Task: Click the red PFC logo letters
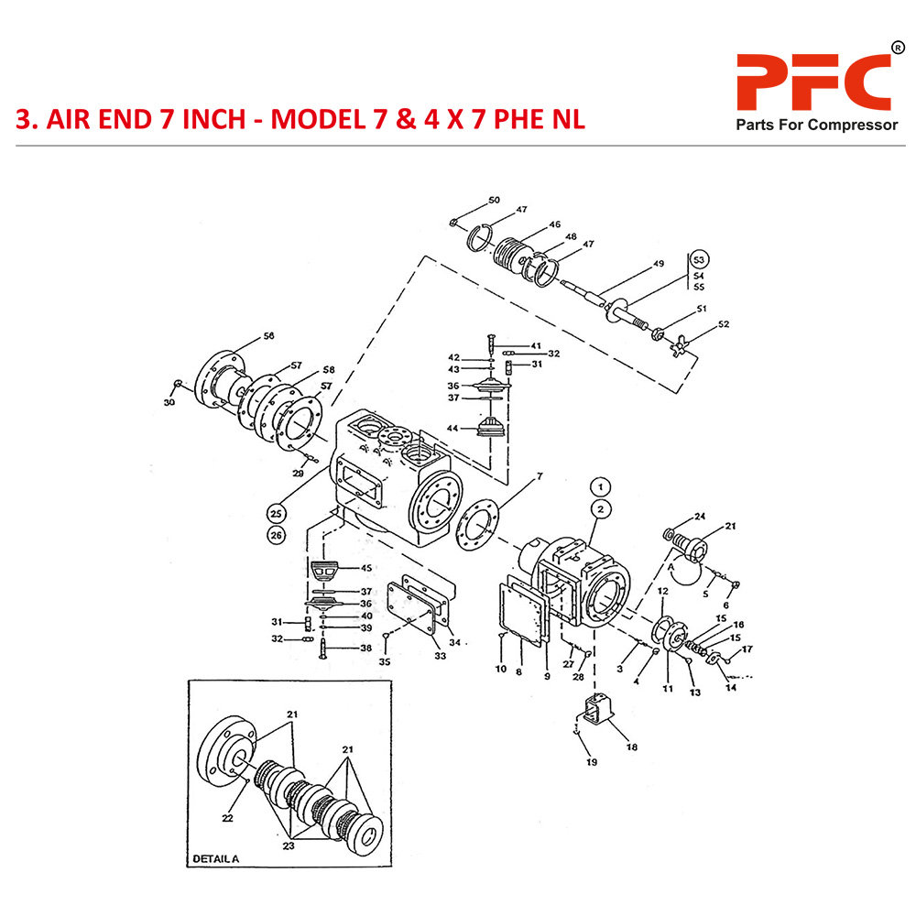(x=813, y=82)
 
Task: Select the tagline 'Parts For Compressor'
(x=817, y=125)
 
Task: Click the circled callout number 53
(x=699, y=258)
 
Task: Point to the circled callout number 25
(x=275, y=512)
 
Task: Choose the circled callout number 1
(x=600, y=486)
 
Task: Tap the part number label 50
(x=494, y=200)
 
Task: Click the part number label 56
(x=268, y=336)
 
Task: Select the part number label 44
(x=453, y=429)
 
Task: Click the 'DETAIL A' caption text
(x=215, y=858)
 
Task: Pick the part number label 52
(x=724, y=324)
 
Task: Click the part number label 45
(x=365, y=569)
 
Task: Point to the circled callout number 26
(x=275, y=534)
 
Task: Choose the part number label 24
(x=699, y=516)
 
